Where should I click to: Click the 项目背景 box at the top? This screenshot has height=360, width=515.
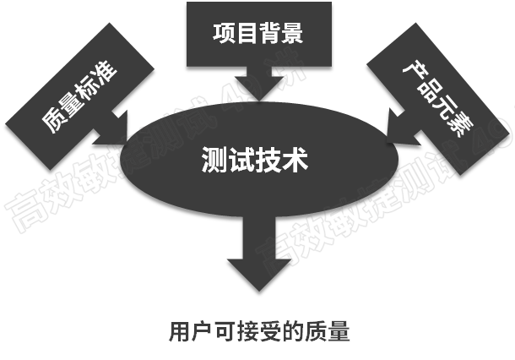click(x=257, y=34)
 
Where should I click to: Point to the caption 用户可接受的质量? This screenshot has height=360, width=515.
click(x=258, y=330)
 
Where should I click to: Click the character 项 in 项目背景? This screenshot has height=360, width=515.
click(x=224, y=35)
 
